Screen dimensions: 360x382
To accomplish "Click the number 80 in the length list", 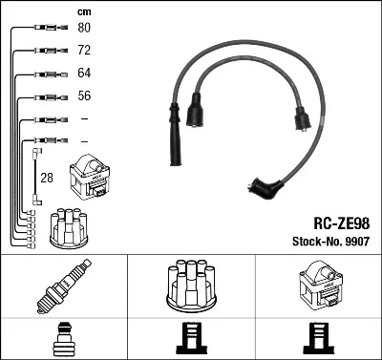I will click(83, 27).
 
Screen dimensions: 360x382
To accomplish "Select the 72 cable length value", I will click(83, 50).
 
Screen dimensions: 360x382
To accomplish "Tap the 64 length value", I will click(83, 73).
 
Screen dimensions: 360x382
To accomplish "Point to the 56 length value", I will click(83, 95).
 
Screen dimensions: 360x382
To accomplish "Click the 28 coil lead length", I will click(46, 179).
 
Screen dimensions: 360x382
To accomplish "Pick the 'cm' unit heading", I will click(83, 10).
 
